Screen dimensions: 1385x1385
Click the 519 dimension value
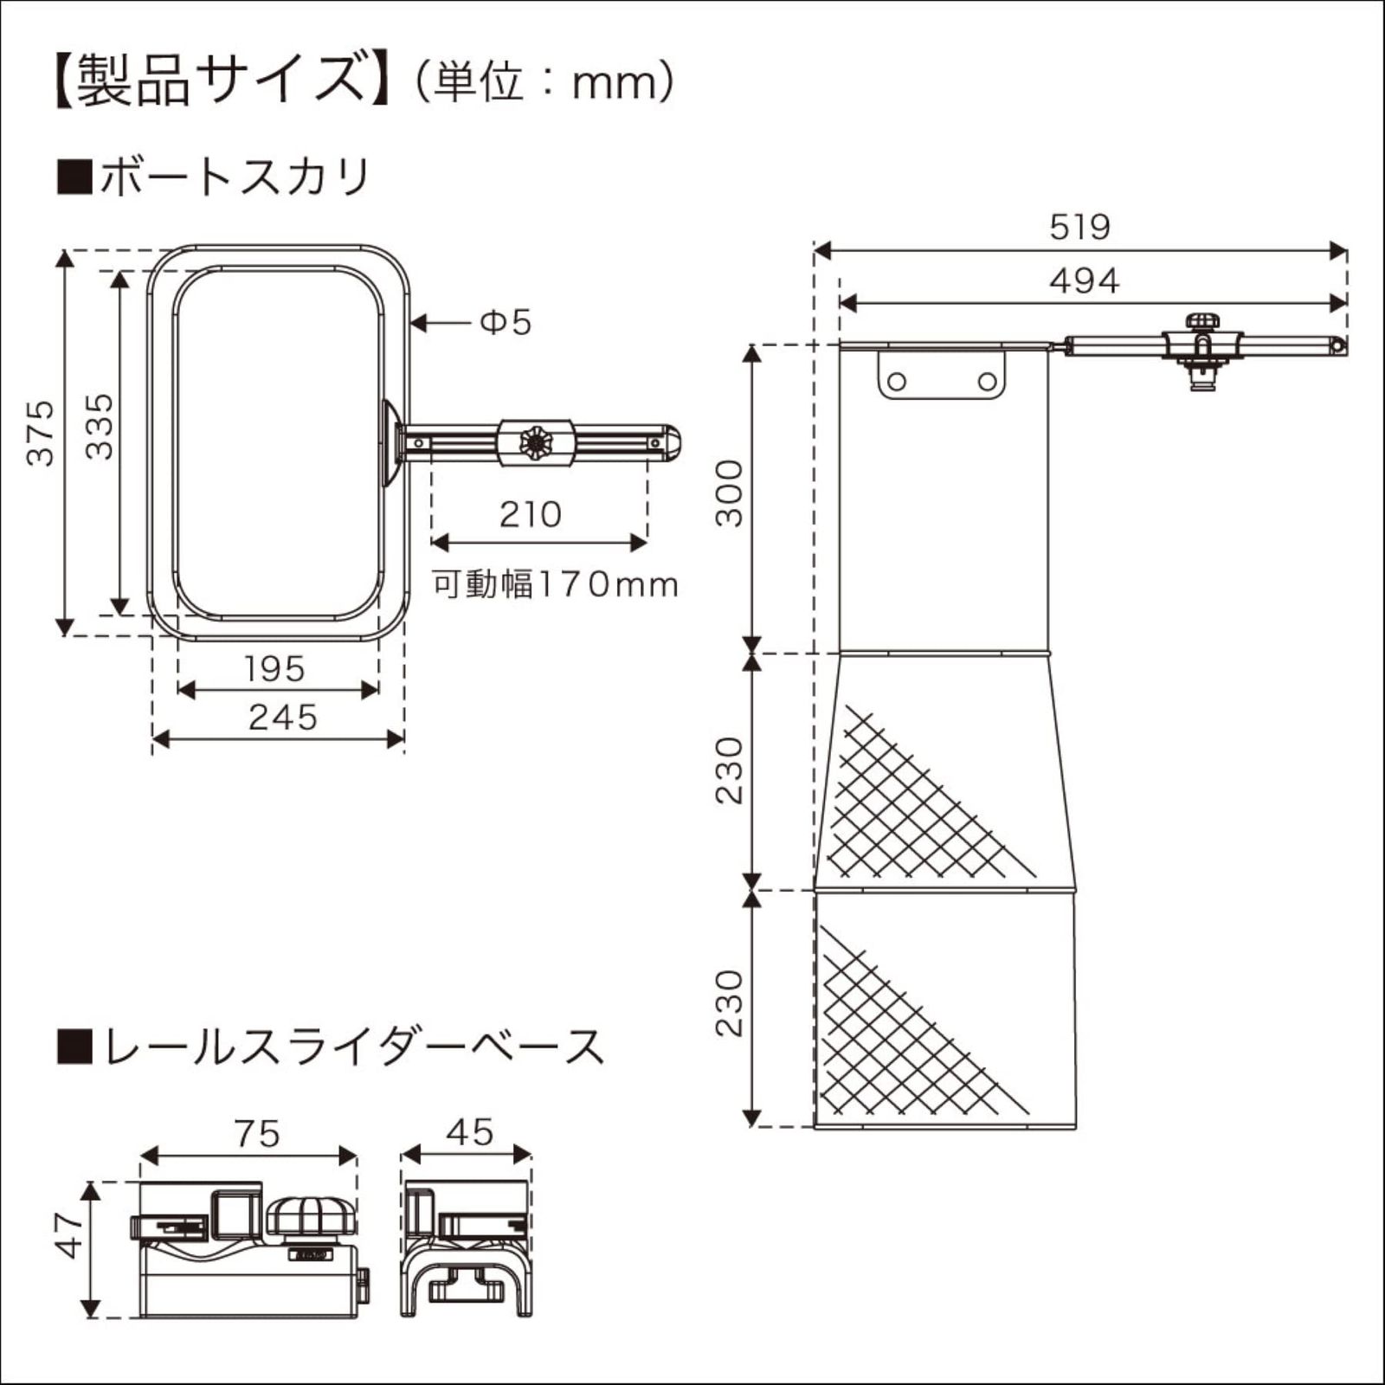coord(1079,227)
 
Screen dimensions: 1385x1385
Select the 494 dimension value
coord(1084,281)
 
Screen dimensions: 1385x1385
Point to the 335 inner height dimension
coord(100,426)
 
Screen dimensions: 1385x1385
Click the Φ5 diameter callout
coord(506,323)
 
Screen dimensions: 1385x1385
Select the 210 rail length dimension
coord(530,515)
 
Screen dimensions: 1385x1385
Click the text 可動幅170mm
coord(555,585)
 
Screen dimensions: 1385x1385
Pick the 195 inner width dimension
coord(274,668)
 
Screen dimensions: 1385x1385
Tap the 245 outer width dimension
coord(283,718)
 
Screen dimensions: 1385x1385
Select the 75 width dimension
coord(257,1134)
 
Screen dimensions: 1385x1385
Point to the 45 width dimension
coord(471,1132)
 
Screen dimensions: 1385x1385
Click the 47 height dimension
coord(69,1235)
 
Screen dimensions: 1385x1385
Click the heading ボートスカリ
coord(234,177)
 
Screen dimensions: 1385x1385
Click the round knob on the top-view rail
coord(536,442)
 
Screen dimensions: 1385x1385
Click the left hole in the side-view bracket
coord(898,381)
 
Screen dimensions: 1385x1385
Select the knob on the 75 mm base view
coord(311,1216)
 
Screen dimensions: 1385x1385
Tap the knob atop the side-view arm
coord(1201,322)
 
